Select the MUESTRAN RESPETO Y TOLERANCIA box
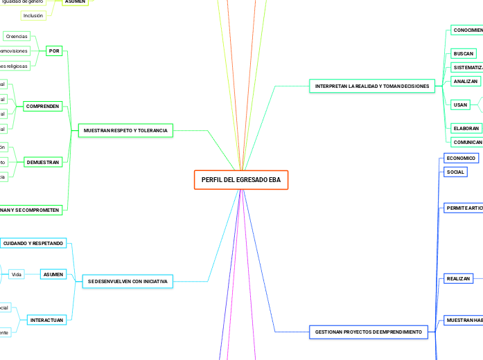click(x=125, y=130)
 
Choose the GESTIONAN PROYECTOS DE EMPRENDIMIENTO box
click(x=368, y=332)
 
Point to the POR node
click(x=54, y=51)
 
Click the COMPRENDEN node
click(x=43, y=107)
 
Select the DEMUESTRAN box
click(x=43, y=162)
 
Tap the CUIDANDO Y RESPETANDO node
click(x=33, y=244)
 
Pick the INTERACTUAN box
click(x=46, y=320)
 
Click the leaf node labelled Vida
click(x=17, y=275)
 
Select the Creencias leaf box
click(x=17, y=35)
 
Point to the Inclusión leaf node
click(x=33, y=15)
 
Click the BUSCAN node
click(x=463, y=53)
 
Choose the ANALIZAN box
click(x=465, y=82)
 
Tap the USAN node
click(x=460, y=105)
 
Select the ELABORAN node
click(x=466, y=128)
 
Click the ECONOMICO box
click(x=460, y=159)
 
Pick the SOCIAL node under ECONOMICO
click(x=455, y=172)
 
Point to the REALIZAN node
click(x=458, y=278)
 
